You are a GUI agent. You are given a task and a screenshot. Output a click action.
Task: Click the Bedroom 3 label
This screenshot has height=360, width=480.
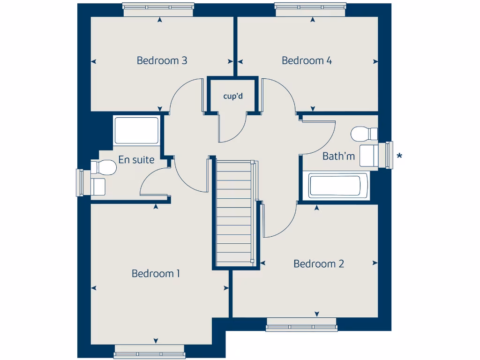click(162, 60)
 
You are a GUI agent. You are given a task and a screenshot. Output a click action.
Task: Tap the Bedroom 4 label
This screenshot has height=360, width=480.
click(307, 60)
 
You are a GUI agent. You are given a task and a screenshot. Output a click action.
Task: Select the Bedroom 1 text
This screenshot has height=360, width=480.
click(156, 273)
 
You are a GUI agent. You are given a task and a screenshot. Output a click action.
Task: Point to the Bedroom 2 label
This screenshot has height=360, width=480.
click(318, 264)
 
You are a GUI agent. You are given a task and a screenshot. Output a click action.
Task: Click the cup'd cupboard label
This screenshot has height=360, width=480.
click(232, 97)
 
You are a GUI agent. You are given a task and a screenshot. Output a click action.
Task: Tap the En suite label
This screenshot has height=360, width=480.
click(136, 160)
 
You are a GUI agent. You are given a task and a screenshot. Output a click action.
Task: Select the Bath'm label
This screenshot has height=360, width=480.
click(338, 156)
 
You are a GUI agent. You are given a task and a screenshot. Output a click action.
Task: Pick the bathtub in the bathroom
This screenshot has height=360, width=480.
click(338, 186)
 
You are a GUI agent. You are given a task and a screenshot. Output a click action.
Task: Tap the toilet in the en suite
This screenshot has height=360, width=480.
click(104, 167)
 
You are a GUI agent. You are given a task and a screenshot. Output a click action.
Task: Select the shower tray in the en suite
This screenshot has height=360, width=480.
click(136, 130)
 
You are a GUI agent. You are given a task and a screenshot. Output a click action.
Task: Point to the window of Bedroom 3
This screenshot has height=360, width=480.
click(158, 9)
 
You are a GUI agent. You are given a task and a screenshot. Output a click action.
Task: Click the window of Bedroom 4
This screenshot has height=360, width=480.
click(310, 9)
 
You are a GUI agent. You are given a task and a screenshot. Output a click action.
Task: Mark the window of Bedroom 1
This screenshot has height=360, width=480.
click(150, 352)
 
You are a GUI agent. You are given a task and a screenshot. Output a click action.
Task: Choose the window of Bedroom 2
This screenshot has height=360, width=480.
click(301, 325)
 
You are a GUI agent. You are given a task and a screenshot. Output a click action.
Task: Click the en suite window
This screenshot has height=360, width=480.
click(80, 183)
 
